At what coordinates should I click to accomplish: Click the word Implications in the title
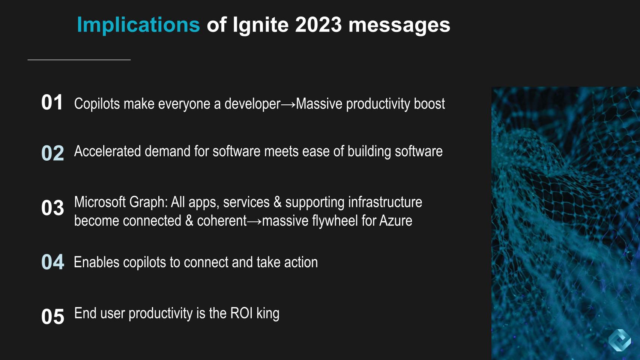pyautogui.click(x=138, y=25)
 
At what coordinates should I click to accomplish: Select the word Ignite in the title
pyautogui.click(x=261, y=25)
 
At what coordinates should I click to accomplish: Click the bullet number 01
pyautogui.click(x=52, y=102)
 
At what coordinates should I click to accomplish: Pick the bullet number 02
pyautogui.click(x=53, y=153)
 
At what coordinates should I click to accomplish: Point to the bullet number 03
pyautogui.click(x=53, y=208)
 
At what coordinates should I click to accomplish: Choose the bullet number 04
pyautogui.click(x=53, y=262)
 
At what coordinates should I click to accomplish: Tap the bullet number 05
pyautogui.click(x=53, y=316)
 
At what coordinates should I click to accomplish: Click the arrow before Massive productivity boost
pyautogui.click(x=288, y=104)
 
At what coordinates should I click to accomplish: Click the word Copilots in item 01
pyautogui.click(x=97, y=104)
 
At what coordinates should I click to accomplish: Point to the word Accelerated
pyautogui.click(x=107, y=151)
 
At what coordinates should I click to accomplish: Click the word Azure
pyautogui.click(x=396, y=221)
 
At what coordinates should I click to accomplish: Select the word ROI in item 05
pyautogui.click(x=242, y=313)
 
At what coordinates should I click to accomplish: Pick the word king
pyautogui.click(x=268, y=314)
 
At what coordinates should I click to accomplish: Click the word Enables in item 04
pyautogui.click(x=96, y=262)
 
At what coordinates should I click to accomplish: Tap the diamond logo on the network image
pyautogui.click(x=619, y=340)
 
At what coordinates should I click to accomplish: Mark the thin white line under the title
pyautogui.click(x=79, y=60)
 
